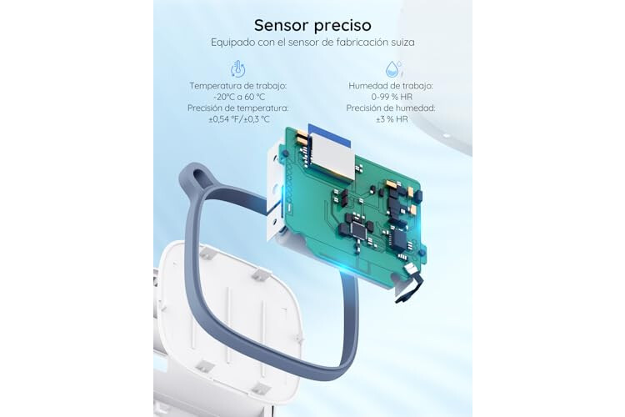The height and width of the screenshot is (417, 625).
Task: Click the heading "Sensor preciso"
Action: pos(312,25)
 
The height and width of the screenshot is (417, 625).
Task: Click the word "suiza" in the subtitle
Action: pos(402,43)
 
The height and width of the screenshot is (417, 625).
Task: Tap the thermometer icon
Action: pos(238,68)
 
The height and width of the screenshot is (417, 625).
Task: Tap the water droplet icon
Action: pos(393,68)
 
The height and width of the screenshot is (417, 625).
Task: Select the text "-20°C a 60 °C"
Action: pos(239,97)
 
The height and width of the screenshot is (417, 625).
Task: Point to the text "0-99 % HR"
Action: pos(392,97)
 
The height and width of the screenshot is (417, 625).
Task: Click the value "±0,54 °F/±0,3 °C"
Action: pos(239,119)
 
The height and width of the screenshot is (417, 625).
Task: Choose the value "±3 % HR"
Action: pos(392,119)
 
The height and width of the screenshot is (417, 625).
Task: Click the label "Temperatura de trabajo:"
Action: pos(238,86)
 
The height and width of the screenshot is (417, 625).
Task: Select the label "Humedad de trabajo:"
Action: pos(391,86)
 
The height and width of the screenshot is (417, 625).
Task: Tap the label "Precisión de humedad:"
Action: pos(391,108)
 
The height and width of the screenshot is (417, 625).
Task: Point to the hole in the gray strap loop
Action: pos(197,174)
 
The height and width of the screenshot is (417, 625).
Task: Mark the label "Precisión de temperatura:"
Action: pos(238,108)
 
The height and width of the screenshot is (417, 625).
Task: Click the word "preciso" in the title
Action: pos(342,26)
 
